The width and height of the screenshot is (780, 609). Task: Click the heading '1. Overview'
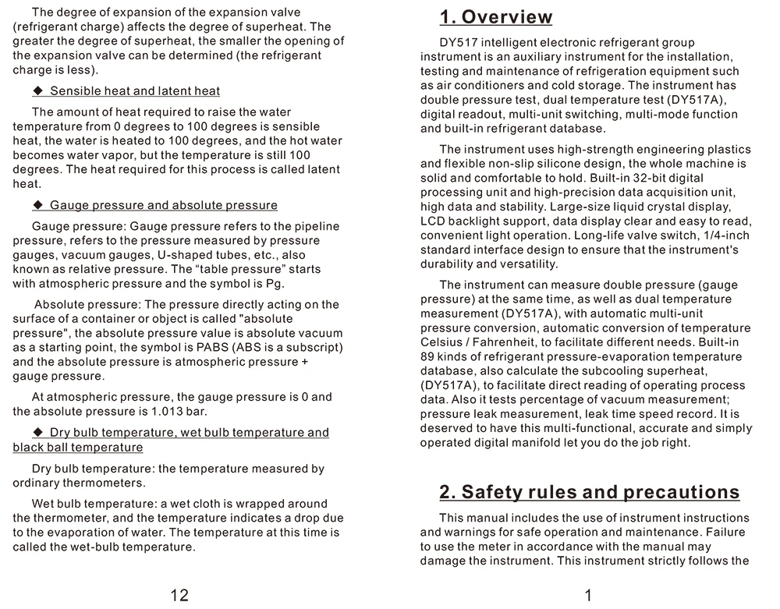pyautogui.click(x=496, y=17)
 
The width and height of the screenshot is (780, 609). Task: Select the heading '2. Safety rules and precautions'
pyautogui.click(x=589, y=492)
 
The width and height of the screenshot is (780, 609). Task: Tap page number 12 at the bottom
pyautogui.click(x=179, y=596)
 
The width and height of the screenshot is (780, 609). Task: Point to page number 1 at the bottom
pyautogui.click(x=588, y=596)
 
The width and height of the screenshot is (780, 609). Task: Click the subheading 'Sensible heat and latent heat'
pyautogui.click(x=135, y=91)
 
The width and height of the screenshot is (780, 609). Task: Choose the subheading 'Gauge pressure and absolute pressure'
pyautogui.click(x=164, y=206)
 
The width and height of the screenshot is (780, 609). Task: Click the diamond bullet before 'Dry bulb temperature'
pyautogui.click(x=37, y=433)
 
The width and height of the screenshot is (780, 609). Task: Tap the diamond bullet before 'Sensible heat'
pyautogui.click(x=37, y=91)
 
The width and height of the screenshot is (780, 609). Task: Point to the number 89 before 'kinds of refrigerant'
pyautogui.click(x=427, y=357)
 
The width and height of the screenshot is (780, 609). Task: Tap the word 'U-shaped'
pyautogui.click(x=160, y=255)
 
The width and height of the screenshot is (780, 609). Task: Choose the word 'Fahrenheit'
pyautogui.click(x=503, y=343)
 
